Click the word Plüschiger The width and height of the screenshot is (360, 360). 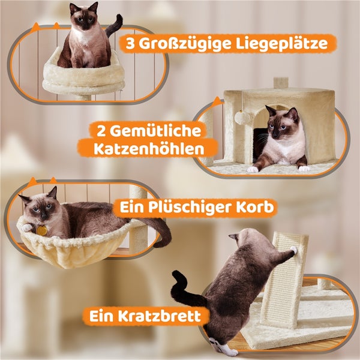[x=194, y=208]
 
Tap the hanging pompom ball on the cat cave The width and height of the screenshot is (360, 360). [x=242, y=118]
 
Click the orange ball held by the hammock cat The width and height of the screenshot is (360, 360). [x=41, y=229]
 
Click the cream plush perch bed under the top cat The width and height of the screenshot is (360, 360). [x=84, y=75]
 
